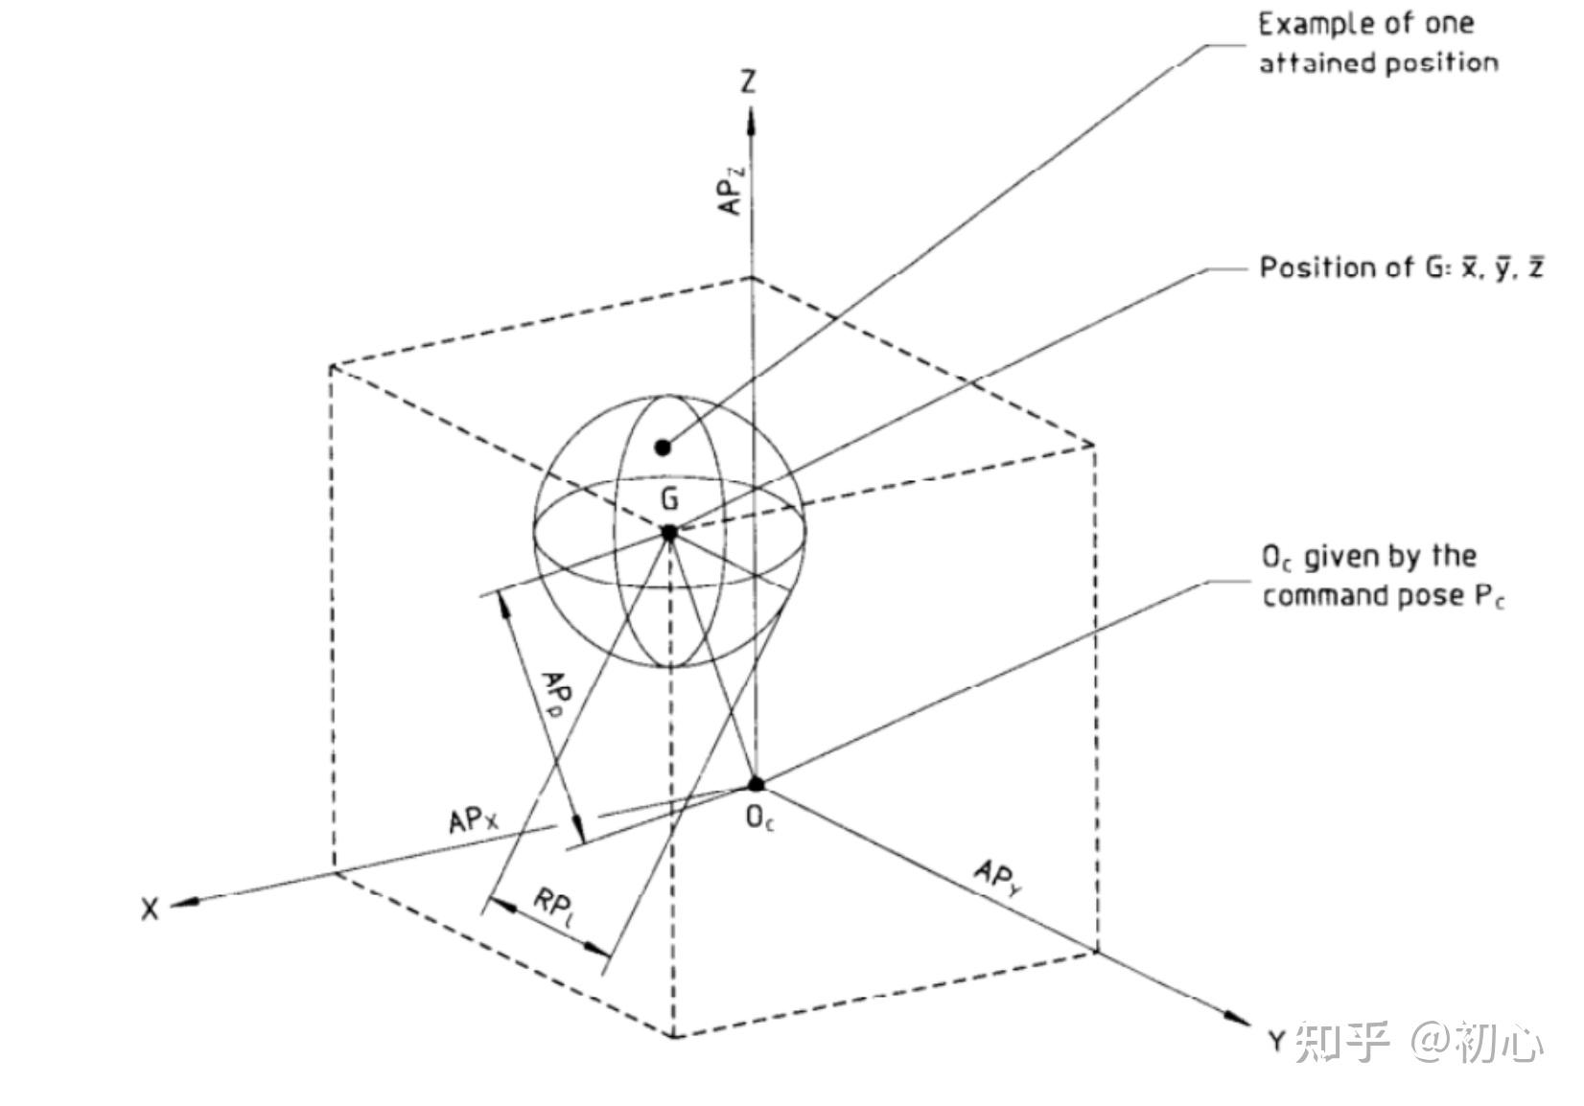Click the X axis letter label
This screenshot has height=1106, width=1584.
(x=150, y=909)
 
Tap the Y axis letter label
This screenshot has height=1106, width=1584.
(x=1276, y=1041)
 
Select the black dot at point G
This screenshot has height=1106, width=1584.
(x=668, y=532)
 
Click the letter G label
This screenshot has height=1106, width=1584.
(x=669, y=498)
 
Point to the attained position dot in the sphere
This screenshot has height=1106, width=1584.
(x=662, y=447)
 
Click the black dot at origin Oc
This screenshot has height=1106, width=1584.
(x=756, y=784)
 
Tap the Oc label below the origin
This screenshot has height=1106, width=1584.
(x=759, y=818)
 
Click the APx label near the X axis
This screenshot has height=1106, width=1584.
(x=473, y=822)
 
